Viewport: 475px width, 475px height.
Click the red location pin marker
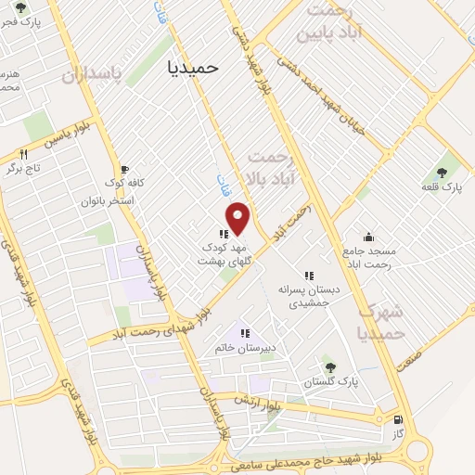tap(239, 218)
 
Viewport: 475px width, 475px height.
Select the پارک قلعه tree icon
tap(440, 172)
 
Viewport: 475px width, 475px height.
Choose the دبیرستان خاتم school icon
tap(246, 333)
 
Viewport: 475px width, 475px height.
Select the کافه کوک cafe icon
tap(113, 168)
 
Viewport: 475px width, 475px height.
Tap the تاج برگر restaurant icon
tap(24, 154)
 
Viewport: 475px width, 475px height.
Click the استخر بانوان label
tap(109, 200)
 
